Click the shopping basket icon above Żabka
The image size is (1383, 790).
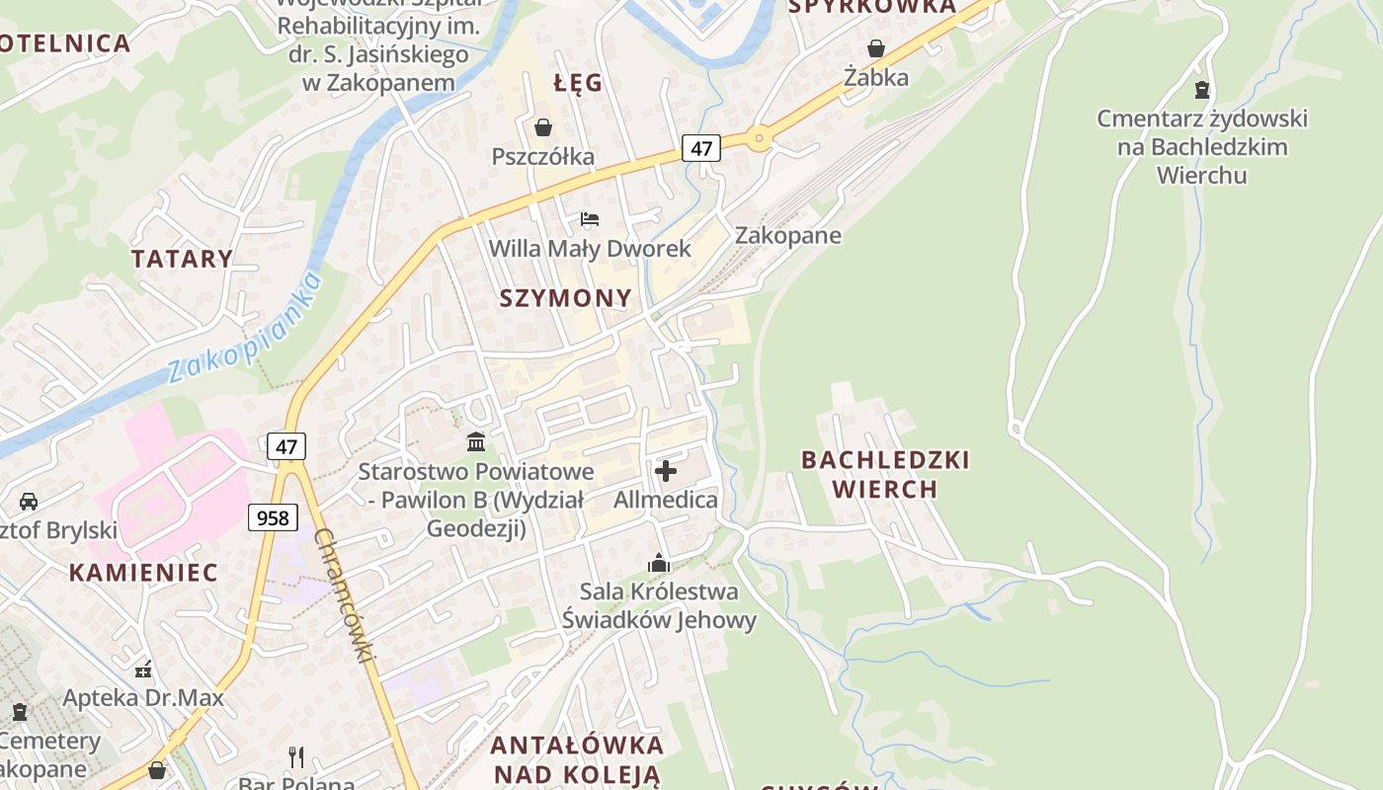875,47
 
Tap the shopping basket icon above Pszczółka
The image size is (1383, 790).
542,127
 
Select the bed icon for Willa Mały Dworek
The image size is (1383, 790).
590,218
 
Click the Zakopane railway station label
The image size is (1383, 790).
787,235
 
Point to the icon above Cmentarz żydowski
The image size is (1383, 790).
1202,90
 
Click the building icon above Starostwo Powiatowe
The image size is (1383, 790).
476,441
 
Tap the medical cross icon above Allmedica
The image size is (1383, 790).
666,470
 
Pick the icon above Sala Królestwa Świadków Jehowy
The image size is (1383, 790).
659,563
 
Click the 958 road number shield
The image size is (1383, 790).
272,517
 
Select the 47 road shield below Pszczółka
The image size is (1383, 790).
700,148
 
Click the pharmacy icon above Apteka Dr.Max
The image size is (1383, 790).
144,669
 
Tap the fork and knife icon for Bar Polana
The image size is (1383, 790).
296,756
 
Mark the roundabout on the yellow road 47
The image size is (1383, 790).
759,138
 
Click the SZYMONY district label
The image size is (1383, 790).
565,298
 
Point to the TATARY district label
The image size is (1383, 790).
183,259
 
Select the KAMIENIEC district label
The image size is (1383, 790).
143,573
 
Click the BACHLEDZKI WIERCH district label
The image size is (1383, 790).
885,474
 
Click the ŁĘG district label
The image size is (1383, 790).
578,83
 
